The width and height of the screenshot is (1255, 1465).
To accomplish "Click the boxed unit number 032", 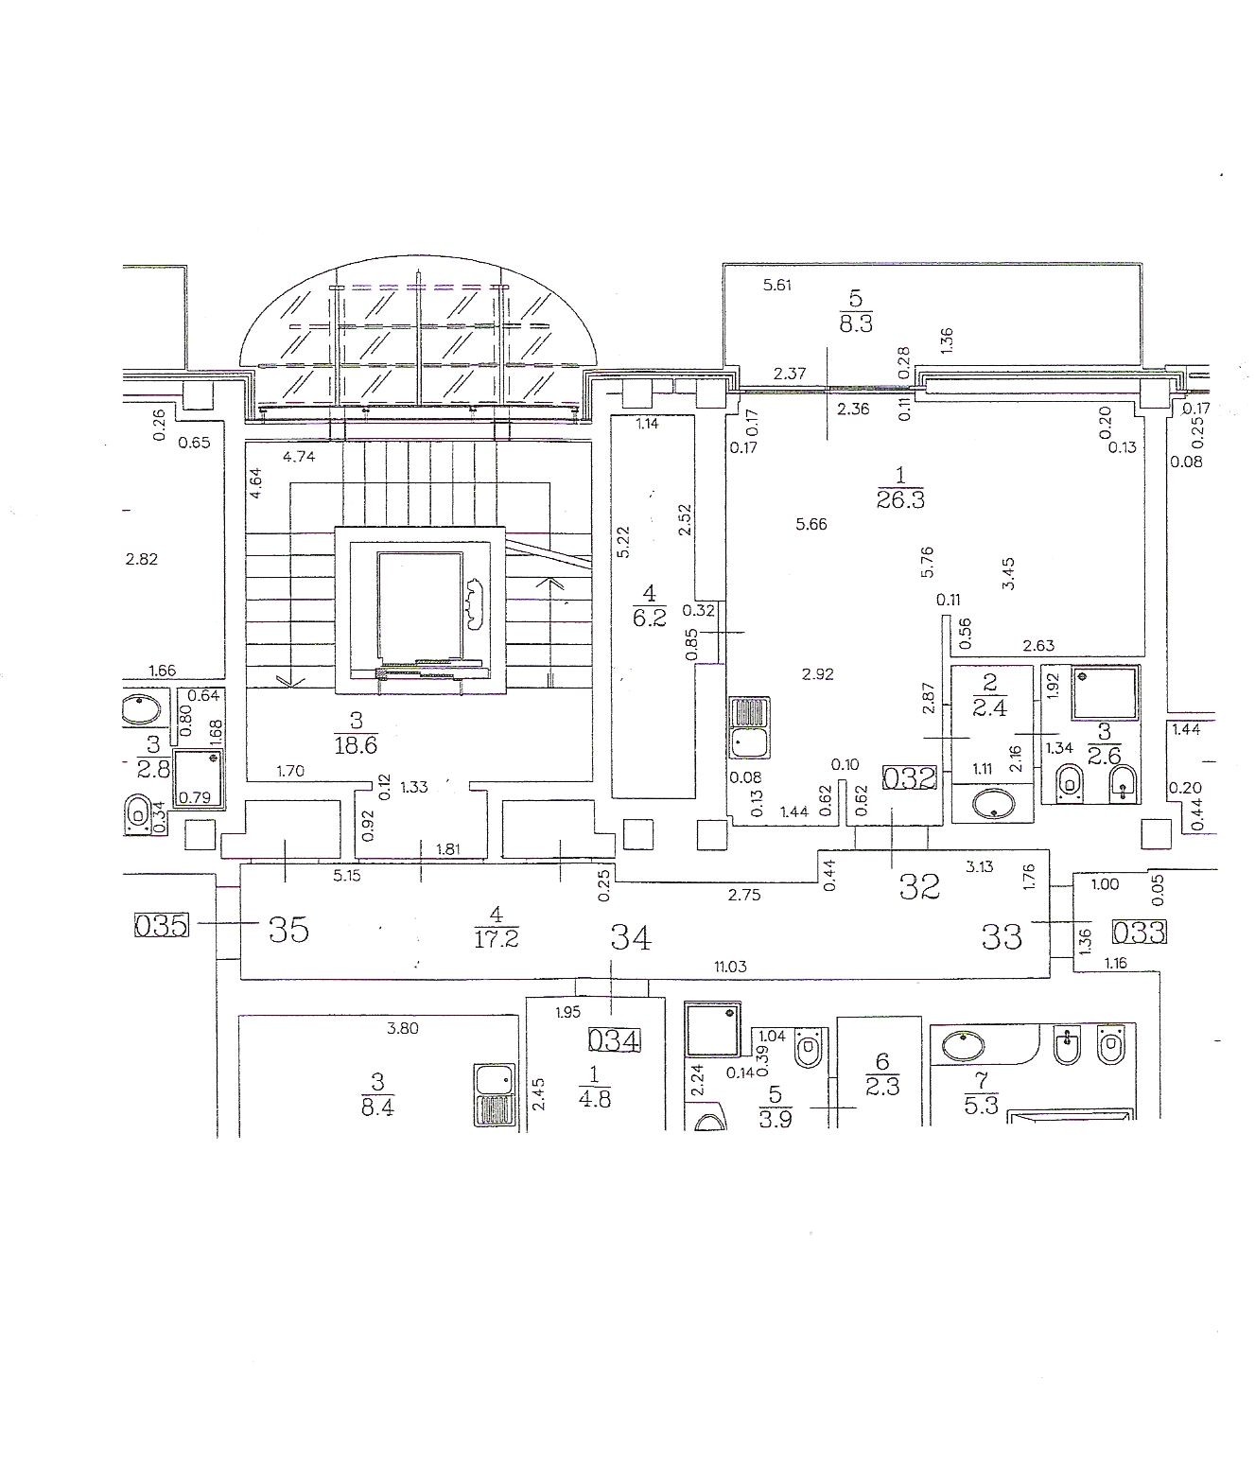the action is pyautogui.click(x=909, y=778).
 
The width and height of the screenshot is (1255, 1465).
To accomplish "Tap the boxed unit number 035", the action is pyautogui.click(x=162, y=926).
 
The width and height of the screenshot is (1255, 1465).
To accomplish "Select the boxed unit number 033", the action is pyautogui.click(x=1139, y=932).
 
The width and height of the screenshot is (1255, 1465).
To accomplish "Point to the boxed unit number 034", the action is pyautogui.click(x=615, y=1040).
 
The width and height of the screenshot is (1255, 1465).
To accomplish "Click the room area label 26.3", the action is pyautogui.click(x=900, y=499).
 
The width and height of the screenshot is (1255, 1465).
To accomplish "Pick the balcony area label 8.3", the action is pyautogui.click(x=855, y=323).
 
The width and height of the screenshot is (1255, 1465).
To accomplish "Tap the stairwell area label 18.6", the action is pyautogui.click(x=356, y=745).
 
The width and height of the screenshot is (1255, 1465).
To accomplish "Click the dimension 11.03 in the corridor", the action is pyautogui.click(x=730, y=967).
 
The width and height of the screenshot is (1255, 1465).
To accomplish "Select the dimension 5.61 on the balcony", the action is pyautogui.click(x=776, y=286).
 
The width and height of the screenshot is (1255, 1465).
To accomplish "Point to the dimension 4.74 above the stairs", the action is pyautogui.click(x=298, y=457).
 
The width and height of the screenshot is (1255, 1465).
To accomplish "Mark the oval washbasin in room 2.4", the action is pyautogui.click(x=991, y=803).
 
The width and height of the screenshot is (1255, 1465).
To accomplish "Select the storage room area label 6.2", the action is pyautogui.click(x=649, y=618).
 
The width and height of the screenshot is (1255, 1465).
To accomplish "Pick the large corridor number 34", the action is pyautogui.click(x=631, y=938).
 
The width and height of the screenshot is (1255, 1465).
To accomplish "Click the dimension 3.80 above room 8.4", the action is pyautogui.click(x=402, y=1028).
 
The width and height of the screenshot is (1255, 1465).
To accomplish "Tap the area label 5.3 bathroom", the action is pyautogui.click(x=981, y=1105).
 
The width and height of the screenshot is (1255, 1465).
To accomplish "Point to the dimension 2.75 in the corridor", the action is pyautogui.click(x=744, y=895).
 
